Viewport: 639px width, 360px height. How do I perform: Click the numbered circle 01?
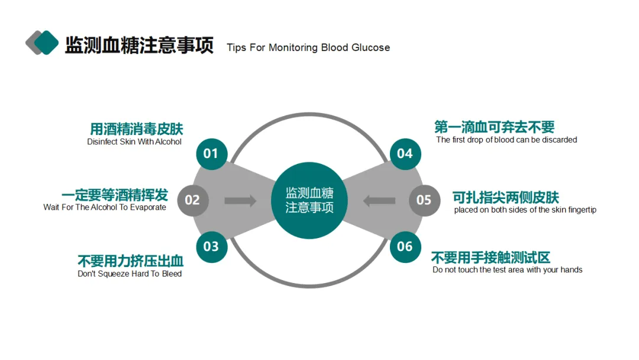pos(211,154)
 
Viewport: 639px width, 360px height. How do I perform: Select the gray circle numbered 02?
pos(192,200)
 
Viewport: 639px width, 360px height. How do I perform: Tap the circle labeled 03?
pos(211,246)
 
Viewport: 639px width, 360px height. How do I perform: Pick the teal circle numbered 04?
pos(405,154)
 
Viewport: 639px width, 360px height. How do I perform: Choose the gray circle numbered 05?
pos(424,200)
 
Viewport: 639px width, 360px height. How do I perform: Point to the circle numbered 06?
pos(405,246)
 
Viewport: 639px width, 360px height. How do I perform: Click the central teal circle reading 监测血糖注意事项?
pos(309,200)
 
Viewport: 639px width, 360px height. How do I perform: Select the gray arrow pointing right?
pos(240,201)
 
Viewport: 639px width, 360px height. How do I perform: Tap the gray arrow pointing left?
pos(379,201)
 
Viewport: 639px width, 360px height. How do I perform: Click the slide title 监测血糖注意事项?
pos(139,45)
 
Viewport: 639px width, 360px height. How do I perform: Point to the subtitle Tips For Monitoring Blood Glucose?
pos(308,47)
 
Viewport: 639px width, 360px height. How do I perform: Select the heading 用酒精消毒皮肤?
pos(136,128)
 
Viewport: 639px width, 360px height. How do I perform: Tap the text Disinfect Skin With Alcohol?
pos(134,142)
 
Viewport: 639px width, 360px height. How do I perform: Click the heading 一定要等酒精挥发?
pos(114,195)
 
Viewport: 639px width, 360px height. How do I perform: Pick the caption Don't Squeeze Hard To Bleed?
pos(130,274)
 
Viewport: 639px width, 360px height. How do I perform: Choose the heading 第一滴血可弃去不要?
pos(494,127)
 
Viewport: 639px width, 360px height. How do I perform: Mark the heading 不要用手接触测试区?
pos(491,258)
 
